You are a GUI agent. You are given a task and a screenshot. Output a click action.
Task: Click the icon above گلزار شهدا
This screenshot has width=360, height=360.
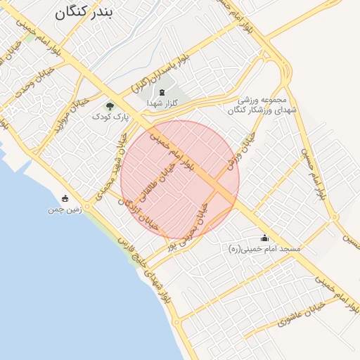(162, 92)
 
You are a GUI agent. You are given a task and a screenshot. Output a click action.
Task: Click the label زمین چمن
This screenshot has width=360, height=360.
(65, 209)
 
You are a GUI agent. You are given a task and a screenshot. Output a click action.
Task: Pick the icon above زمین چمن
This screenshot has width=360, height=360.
(65, 198)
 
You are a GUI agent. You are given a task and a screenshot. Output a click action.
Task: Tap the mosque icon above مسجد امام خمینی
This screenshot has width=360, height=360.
(264, 238)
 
